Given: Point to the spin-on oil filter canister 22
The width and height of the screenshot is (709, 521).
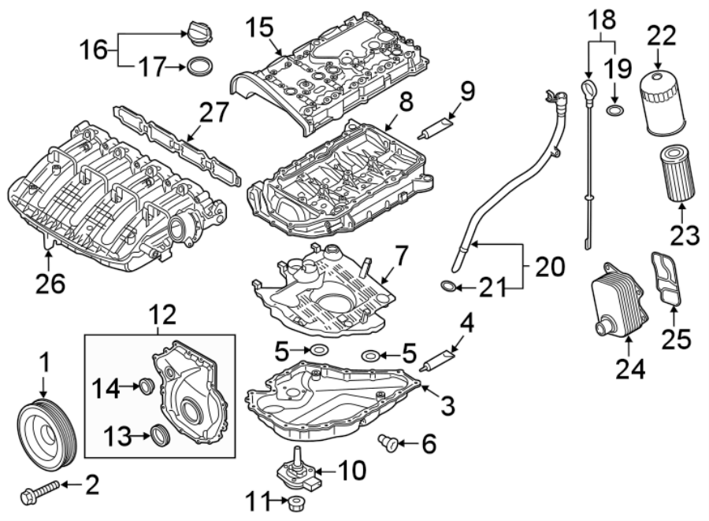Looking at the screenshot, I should point(659,103).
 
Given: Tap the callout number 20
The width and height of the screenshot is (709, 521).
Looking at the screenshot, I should point(549,268).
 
